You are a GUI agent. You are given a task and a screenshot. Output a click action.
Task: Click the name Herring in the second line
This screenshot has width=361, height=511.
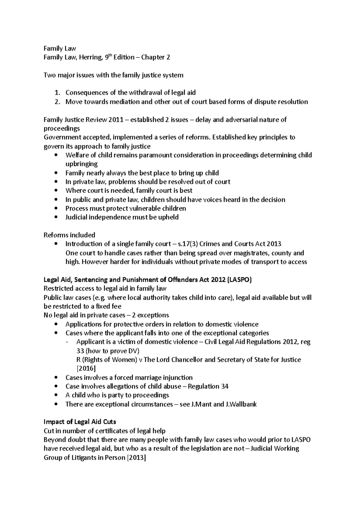click(91, 57)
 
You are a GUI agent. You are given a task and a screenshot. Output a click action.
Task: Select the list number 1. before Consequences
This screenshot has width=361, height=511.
click(57, 93)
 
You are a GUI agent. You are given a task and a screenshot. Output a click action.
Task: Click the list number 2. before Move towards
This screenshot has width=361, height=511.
click(57, 102)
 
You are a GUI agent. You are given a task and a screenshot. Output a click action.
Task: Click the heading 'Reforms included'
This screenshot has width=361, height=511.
click(69, 235)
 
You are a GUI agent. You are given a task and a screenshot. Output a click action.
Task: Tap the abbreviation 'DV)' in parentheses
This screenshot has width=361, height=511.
click(134, 351)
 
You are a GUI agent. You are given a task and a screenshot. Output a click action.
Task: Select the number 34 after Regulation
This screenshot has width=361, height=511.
click(225, 386)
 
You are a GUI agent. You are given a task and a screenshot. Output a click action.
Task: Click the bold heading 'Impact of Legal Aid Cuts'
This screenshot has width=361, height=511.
click(80, 422)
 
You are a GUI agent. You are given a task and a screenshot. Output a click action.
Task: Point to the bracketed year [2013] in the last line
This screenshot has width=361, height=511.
click(135, 457)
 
